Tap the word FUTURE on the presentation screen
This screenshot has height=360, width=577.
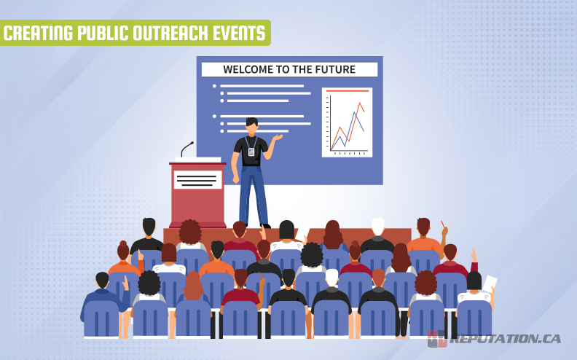coord(334,70)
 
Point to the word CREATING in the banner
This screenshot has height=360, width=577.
coord(38,33)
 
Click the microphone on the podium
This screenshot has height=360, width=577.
coord(187,149)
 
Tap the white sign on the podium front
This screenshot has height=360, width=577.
coord(197,179)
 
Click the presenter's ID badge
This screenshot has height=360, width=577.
coord(251,152)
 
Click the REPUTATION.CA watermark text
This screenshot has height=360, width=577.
coord(506,339)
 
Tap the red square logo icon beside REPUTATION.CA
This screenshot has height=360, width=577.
coord(437,339)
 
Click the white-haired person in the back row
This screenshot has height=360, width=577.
coord(377,228)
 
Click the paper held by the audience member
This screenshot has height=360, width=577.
coord(490,283)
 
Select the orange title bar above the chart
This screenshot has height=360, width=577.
coord(347,91)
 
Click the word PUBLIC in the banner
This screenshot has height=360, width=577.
coord(99,33)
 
